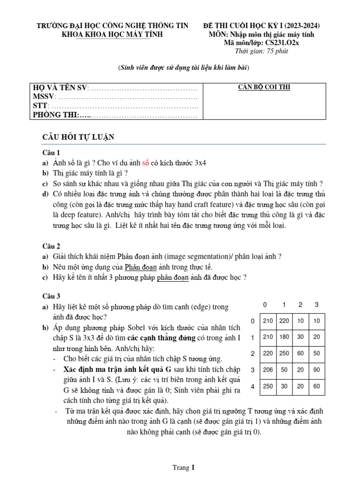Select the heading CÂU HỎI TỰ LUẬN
pyautogui.click(x=78, y=137)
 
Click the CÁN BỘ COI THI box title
pyautogui.click(x=264, y=87)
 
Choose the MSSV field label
pyautogui.click(x=43, y=97)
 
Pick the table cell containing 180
pyautogui.click(x=285, y=337)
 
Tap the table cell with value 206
pyautogui.click(x=268, y=370)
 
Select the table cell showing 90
pyautogui.click(x=317, y=370)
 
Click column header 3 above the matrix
pyautogui.click(x=316, y=305)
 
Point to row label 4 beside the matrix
pyautogui.click(x=253, y=387)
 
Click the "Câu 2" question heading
pyautogui.click(x=52, y=246)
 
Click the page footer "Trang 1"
pyautogui.click(x=183, y=467)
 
